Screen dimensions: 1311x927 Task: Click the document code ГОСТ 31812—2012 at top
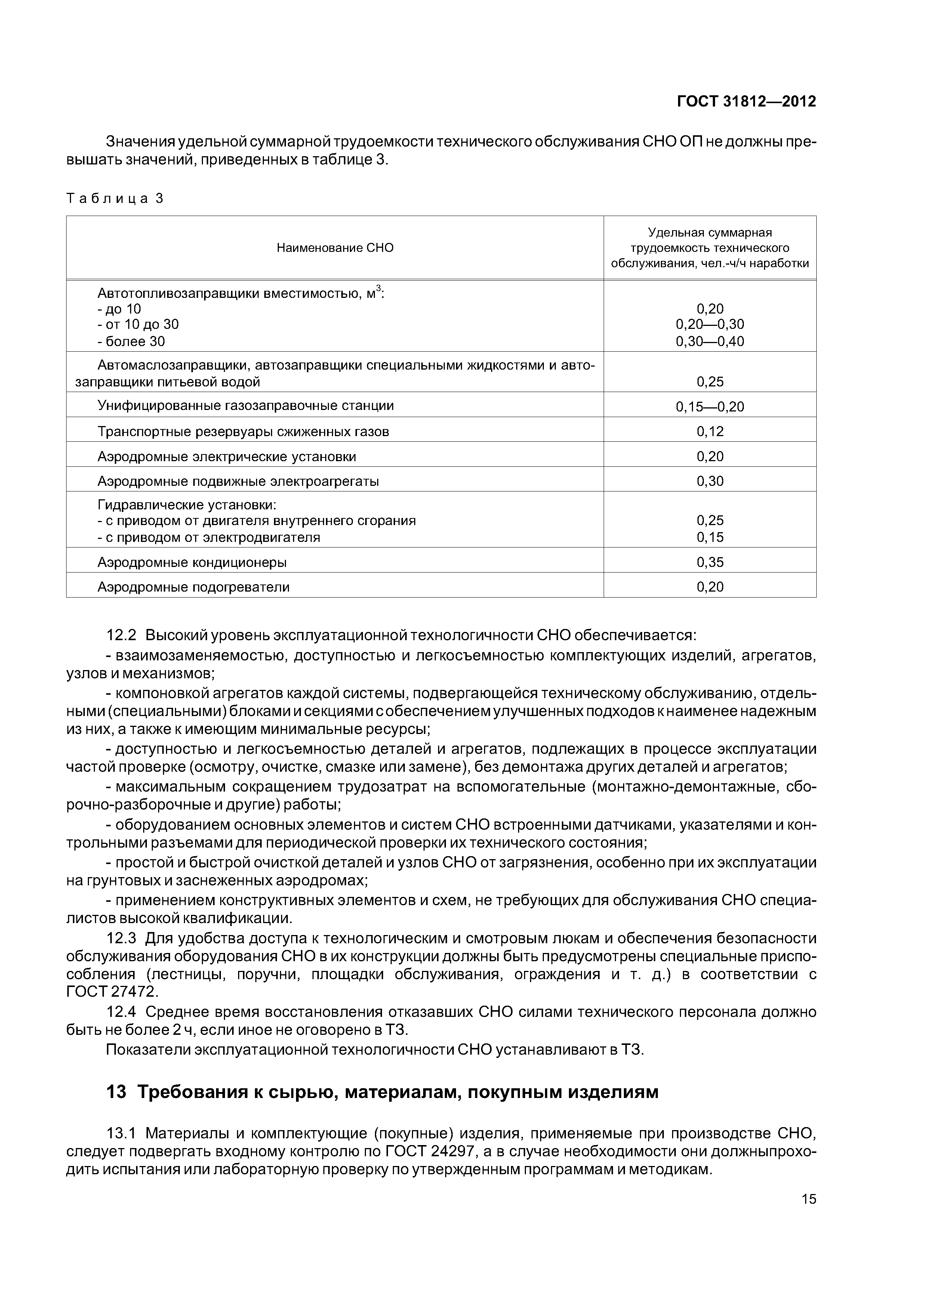pyautogui.click(x=746, y=102)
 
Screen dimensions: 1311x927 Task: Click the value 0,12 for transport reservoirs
pyautogui.click(x=709, y=432)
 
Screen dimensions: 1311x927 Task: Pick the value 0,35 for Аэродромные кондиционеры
pyautogui.click(x=709, y=562)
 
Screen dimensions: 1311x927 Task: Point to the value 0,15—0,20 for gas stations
pyautogui.click(x=709, y=407)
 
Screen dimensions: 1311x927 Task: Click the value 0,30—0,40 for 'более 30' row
pyautogui.click(x=709, y=342)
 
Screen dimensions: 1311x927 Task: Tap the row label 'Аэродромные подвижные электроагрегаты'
pyautogui.click(x=238, y=481)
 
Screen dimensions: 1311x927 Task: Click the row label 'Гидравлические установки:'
pyautogui.click(x=187, y=505)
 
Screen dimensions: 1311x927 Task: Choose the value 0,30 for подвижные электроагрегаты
pyautogui.click(x=709, y=481)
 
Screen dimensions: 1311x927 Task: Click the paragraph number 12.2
pyautogui.click(x=121, y=636)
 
